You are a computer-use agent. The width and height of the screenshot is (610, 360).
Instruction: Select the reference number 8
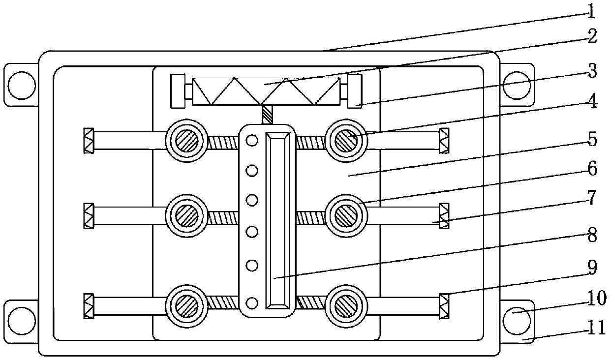(x=592, y=235)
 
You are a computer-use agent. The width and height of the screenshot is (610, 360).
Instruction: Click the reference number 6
(x=592, y=170)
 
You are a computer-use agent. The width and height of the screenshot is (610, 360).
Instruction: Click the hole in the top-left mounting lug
(x=22, y=85)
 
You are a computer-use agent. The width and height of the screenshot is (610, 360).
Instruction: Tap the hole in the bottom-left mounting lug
(x=22, y=320)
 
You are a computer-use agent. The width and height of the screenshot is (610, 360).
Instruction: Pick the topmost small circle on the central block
(x=252, y=141)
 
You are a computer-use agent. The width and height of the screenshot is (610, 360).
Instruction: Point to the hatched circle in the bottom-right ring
(x=347, y=307)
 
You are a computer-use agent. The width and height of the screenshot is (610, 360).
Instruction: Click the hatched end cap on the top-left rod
(x=89, y=141)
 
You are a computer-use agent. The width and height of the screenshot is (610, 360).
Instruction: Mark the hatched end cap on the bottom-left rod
(x=89, y=305)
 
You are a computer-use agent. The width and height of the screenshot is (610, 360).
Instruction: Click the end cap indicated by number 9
(x=444, y=305)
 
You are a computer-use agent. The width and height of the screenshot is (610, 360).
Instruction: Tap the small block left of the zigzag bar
(x=177, y=90)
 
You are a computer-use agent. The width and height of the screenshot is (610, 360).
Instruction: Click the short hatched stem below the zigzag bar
(x=267, y=115)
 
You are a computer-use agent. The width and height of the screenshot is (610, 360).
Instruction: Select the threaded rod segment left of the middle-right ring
(x=310, y=217)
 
